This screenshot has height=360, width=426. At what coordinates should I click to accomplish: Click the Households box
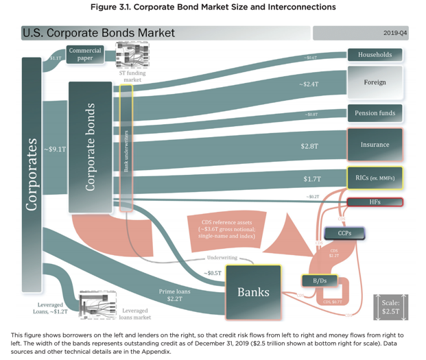click(375, 55)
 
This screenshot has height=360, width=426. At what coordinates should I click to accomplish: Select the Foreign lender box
click(375, 82)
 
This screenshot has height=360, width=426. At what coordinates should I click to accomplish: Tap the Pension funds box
click(375, 113)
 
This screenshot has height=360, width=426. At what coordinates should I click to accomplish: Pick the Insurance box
click(375, 145)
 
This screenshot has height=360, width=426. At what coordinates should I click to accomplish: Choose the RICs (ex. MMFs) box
click(375, 178)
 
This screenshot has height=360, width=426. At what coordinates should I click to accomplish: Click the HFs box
click(375, 202)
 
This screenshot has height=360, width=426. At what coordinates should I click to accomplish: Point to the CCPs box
click(344, 233)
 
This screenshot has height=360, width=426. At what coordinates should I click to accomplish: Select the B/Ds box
click(319, 280)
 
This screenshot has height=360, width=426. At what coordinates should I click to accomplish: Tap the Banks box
click(253, 292)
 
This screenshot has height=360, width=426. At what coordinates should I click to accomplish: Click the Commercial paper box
click(85, 54)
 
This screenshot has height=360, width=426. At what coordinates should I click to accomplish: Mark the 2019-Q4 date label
click(395, 33)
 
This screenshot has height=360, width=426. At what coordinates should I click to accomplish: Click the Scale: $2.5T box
click(391, 307)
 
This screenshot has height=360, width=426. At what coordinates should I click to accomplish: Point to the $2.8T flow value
click(309, 146)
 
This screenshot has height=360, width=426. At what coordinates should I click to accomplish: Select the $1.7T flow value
click(312, 179)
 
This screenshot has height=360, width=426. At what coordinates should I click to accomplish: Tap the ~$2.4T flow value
click(309, 84)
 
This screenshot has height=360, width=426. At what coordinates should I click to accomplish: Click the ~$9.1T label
click(54, 148)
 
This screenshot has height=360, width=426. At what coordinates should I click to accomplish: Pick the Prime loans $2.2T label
click(174, 295)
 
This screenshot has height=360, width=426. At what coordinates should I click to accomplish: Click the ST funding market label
click(132, 76)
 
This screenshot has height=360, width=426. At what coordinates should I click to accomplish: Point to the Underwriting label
click(222, 258)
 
